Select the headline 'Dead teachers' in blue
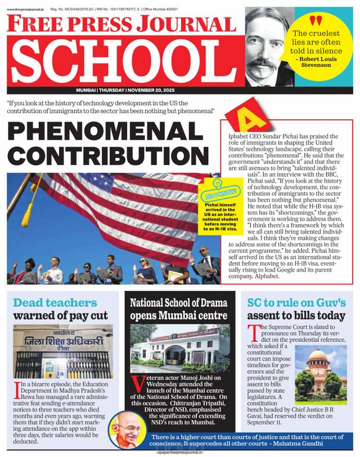click(55, 302)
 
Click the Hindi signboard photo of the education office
click(62, 351)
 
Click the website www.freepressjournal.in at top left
click(25, 10)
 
